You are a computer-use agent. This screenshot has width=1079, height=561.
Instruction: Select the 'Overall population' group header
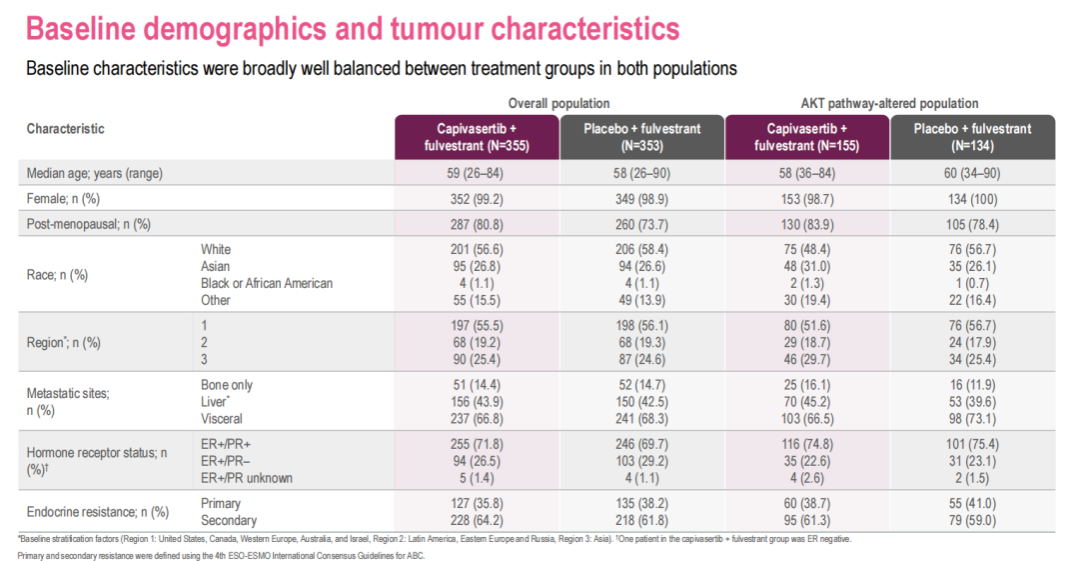click(x=558, y=103)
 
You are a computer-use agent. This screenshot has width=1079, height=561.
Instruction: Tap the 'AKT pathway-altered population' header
click(x=889, y=103)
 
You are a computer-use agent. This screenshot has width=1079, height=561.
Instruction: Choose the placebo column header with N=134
click(x=972, y=137)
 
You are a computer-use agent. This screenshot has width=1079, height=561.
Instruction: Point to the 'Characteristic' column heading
click(x=65, y=129)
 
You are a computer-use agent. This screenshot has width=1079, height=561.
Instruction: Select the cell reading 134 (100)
click(x=972, y=198)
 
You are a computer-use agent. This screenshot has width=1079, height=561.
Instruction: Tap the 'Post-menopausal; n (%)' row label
click(x=88, y=223)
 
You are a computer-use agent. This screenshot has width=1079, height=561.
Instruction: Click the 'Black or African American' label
click(x=267, y=283)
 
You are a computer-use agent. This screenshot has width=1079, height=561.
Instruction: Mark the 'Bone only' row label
click(x=227, y=385)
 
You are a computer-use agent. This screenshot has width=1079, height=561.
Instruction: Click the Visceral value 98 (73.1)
click(x=972, y=419)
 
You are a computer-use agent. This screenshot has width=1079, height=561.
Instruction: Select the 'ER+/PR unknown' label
click(x=247, y=478)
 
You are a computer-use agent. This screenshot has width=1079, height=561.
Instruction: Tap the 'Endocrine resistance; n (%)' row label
click(x=97, y=512)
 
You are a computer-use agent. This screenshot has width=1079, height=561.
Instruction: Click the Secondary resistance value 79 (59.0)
click(x=972, y=520)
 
